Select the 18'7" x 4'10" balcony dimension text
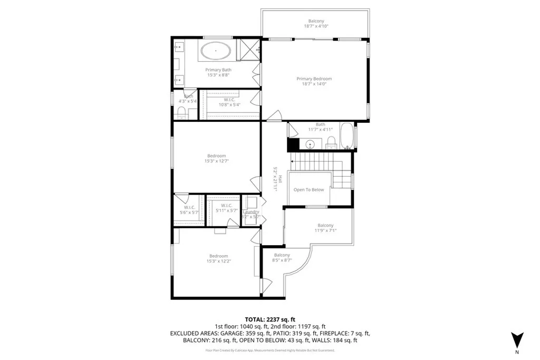(316, 26)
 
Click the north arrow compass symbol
(517, 338)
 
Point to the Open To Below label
(309, 190)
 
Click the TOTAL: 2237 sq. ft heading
(270, 319)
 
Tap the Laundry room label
(251, 212)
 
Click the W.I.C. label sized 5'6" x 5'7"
(190, 207)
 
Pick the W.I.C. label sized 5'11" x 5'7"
(227, 206)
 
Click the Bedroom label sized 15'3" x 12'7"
(216, 155)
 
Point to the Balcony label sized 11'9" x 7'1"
(325, 226)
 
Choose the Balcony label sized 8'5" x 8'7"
(282, 255)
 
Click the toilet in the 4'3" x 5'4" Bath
(181, 112)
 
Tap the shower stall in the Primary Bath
(249, 50)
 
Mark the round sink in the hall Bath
(311, 143)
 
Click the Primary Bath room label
(218, 70)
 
